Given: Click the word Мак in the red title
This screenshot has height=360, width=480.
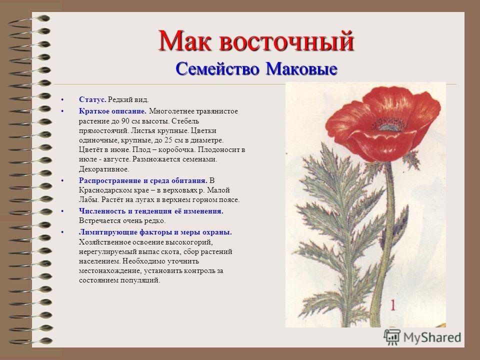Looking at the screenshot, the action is (184, 41).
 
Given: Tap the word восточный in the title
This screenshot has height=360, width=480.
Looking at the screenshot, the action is (286, 41).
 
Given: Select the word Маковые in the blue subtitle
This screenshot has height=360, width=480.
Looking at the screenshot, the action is (301, 68).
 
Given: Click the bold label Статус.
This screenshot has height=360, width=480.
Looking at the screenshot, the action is (93, 99).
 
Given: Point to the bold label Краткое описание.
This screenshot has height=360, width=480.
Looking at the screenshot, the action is (112, 111).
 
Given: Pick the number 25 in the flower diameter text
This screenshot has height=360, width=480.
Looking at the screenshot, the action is (168, 140).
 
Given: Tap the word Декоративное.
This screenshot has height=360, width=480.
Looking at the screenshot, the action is (104, 169).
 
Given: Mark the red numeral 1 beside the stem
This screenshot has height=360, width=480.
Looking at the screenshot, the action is (393, 305).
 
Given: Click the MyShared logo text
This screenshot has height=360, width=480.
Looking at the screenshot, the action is (432, 337).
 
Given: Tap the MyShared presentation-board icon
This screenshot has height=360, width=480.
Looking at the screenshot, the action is (392, 337).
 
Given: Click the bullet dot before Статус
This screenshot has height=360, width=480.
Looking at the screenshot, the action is (62, 100).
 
